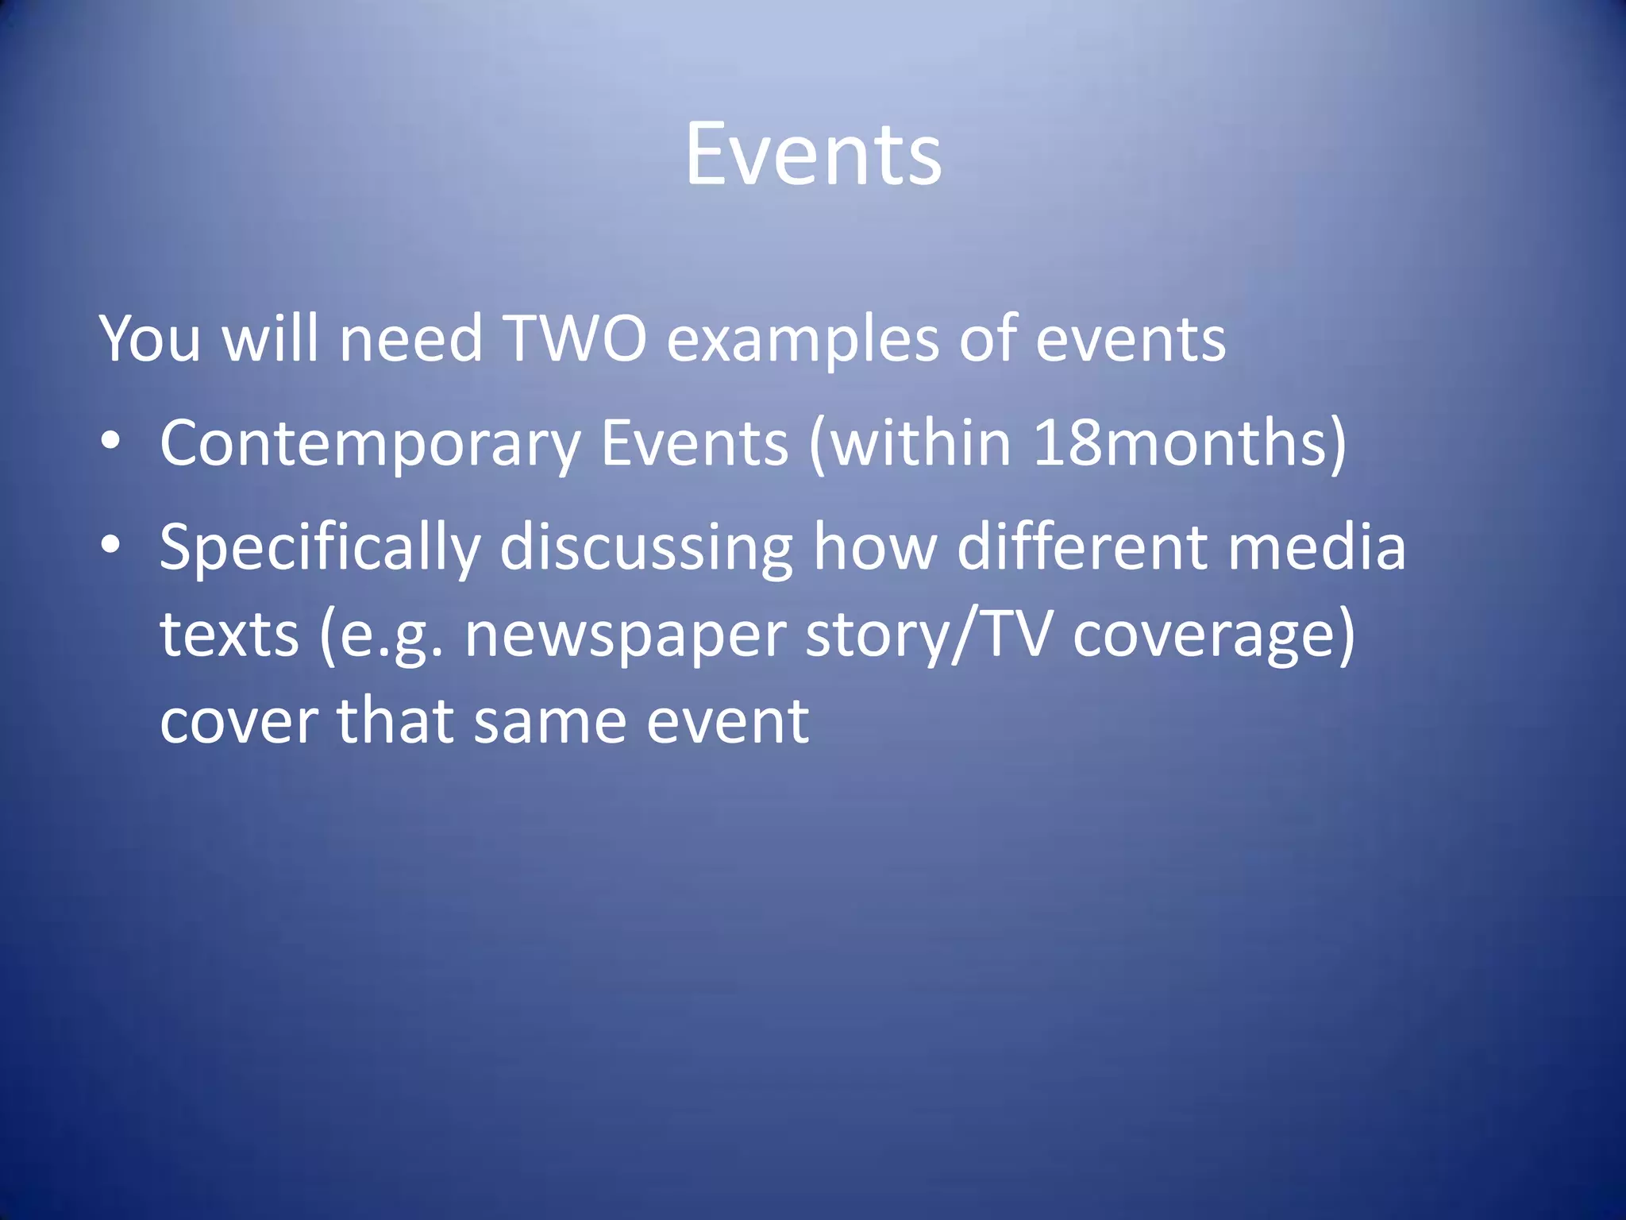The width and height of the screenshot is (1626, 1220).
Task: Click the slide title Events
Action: pyautogui.click(x=813, y=155)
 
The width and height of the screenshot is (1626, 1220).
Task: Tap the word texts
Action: pyautogui.click(x=229, y=635)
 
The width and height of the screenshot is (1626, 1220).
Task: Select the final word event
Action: pyautogui.click(x=727, y=721)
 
